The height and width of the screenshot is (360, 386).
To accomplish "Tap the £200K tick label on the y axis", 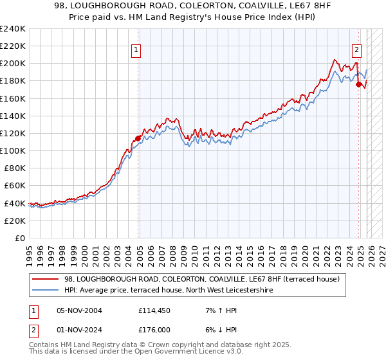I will [x=13, y=64].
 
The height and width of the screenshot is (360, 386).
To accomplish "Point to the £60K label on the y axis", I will [x=15, y=186].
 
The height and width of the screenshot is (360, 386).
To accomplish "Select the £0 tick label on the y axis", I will [x=20, y=238].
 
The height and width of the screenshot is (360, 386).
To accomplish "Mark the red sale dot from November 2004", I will [x=138, y=138].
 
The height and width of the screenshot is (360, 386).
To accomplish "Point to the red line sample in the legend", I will [x=45, y=279].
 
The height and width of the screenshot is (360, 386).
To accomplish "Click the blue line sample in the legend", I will [x=45, y=291].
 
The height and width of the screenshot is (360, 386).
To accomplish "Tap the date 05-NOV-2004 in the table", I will [x=79, y=310].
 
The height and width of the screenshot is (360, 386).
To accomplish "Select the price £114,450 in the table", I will [x=154, y=310].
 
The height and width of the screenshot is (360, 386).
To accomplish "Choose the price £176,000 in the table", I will [x=154, y=331].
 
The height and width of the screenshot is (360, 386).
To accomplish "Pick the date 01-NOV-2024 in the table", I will [x=79, y=331].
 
